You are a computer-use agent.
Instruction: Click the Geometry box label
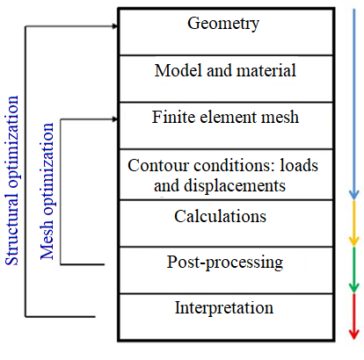click(x=223, y=24)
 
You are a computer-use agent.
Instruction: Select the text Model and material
click(x=223, y=69)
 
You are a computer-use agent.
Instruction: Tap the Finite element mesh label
click(x=223, y=116)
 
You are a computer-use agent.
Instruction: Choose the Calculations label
click(x=223, y=215)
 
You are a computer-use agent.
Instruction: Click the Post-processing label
click(x=223, y=262)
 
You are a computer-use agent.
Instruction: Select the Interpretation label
click(x=223, y=308)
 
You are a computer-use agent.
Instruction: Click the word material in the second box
click(x=266, y=69)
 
